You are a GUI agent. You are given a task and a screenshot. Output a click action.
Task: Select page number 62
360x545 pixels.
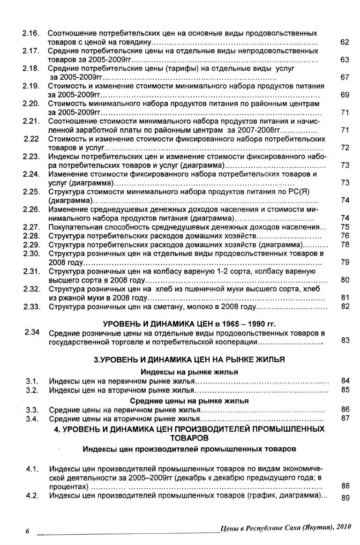345,43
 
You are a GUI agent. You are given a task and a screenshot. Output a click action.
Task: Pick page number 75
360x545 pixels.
345,227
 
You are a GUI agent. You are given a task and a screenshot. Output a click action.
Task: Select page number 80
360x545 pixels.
345,280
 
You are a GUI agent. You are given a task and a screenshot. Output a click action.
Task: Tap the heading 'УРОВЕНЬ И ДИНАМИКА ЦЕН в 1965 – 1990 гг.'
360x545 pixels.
189,324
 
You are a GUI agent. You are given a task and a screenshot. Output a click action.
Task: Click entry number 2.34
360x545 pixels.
31,333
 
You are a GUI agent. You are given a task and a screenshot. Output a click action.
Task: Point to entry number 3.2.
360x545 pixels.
32,389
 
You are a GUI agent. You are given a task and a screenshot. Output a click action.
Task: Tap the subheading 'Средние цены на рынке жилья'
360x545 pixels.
189,401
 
